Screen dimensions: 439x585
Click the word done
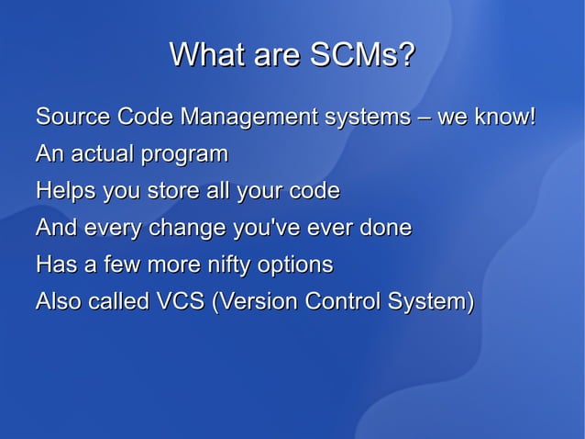click(384, 228)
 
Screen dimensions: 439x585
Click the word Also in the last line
click(57, 301)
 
